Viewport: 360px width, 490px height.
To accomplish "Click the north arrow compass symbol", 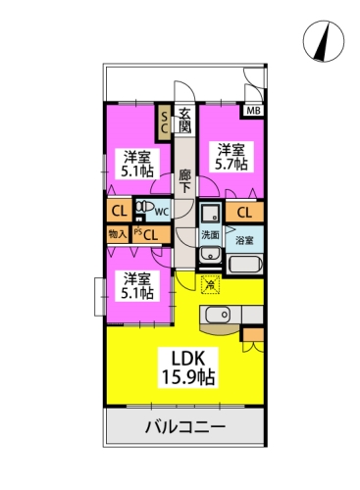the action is pyautogui.click(x=324, y=41).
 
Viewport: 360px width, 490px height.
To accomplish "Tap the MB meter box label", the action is pyautogui.click(x=254, y=111).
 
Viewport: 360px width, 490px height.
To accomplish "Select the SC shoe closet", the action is pyautogui.click(x=164, y=122).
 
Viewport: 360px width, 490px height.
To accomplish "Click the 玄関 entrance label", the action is pyautogui.click(x=184, y=121).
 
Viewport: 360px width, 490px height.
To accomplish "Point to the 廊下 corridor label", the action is pyautogui.click(x=184, y=181).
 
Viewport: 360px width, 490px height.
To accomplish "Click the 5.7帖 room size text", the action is pyautogui.click(x=231, y=165).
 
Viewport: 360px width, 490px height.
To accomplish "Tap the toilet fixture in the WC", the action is pyautogui.click(x=145, y=207).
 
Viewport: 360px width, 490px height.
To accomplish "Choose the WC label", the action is pyautogui.click(x=162, y=212).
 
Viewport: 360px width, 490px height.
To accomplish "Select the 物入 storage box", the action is pyautogui.click(x=118, y=234).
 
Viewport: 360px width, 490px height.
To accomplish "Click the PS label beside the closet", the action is pyautogui.click(x=137, y=231).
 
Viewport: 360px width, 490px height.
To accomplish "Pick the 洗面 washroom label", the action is pyautogui.click(x=210, y=235).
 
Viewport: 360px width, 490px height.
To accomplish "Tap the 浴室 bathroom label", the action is pyautogui.click(x=244, y=241).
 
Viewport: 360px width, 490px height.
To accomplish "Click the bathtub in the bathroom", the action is pyautogui.click(x=244, y=265).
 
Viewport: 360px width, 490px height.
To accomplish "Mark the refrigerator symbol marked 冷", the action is pyautogui.click(x=211, y=284).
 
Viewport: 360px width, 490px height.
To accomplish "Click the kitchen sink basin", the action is pyautogui.click(x=218, y=315).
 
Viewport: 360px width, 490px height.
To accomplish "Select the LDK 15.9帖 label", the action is pyautogui.click(x=188, y=367).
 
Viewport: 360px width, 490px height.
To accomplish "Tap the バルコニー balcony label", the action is pyautogui.click(x=185, y=426).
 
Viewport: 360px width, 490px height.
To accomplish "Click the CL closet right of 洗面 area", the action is pyautogui.click(x=244, y=213).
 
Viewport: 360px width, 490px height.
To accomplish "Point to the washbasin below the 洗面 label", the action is pyautogui.click(x=210, y=255).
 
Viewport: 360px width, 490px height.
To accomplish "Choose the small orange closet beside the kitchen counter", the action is pyautogui.click(x=253, y=334).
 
